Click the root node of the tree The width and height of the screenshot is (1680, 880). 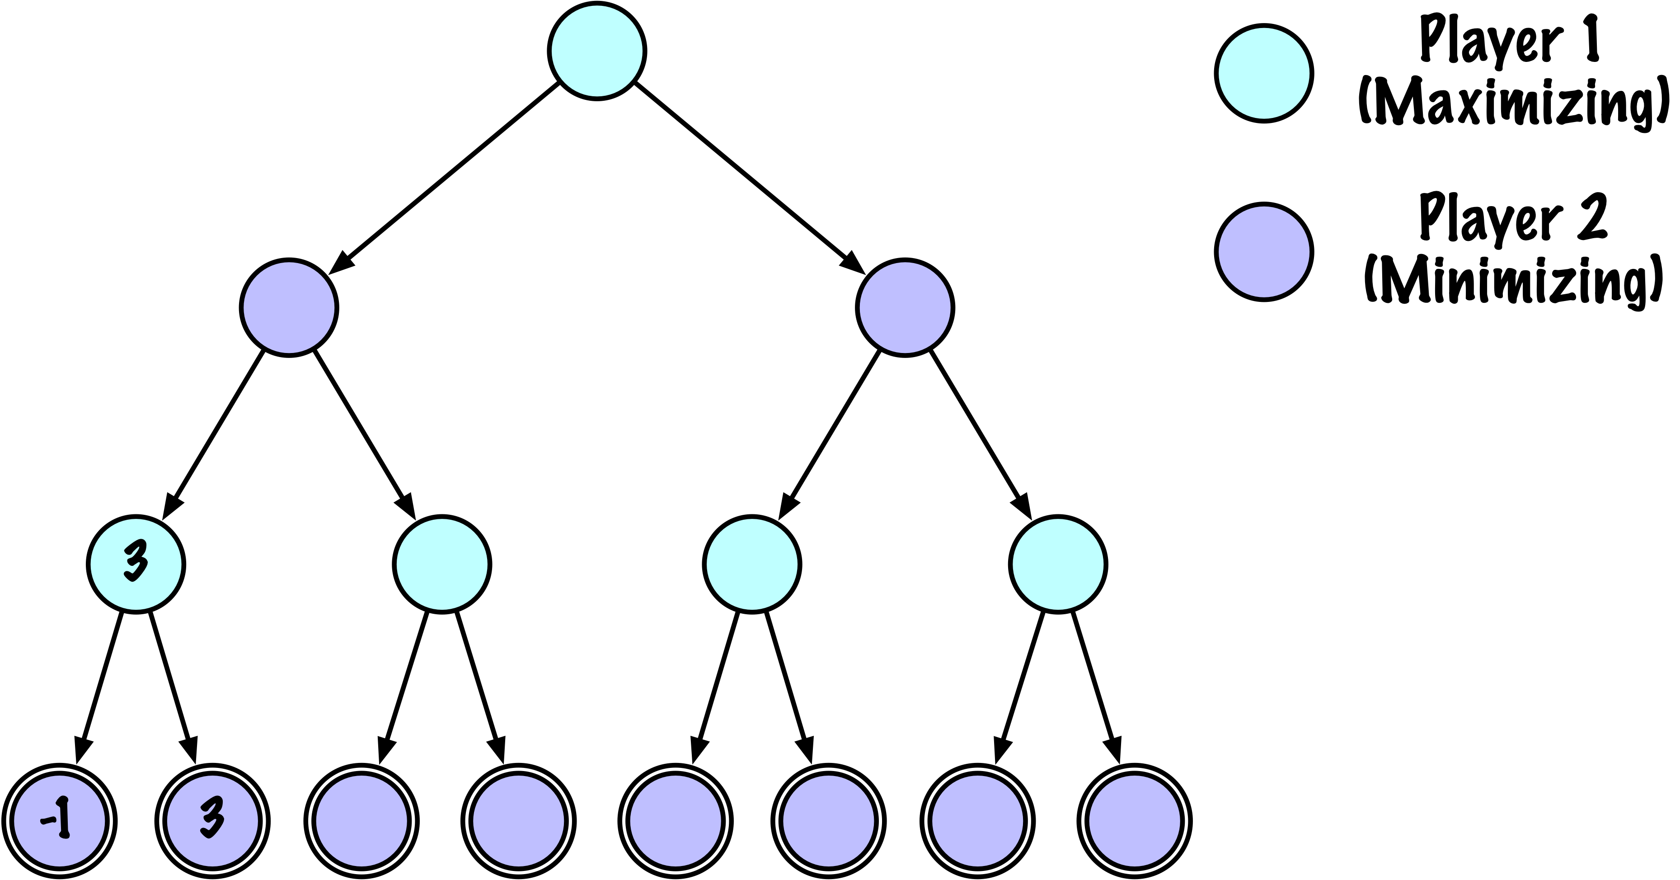point(597,51)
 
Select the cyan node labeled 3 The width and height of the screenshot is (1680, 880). point(136,564)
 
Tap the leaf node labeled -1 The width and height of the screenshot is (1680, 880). point(59,821)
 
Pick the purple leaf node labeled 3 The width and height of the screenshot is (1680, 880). point(212,821)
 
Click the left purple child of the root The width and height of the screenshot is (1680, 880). point(289,307)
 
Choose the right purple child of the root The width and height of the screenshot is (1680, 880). point(905,307)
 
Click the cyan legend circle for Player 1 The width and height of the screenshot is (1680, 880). point(1264,73)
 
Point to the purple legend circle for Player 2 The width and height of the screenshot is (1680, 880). point(1264,251)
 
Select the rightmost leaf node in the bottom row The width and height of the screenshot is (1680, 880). point(1134,821)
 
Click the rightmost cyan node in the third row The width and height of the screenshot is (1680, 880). point(1058,564)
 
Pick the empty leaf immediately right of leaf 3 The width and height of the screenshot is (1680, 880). point(362,821)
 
